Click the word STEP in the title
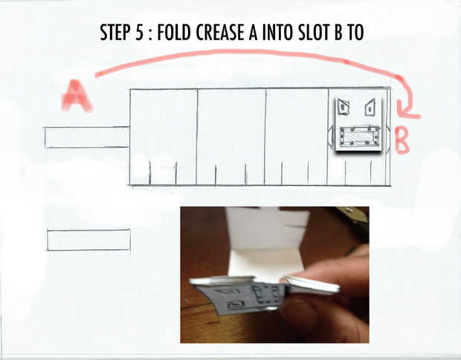click(115, 32)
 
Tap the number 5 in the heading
click(139, 32)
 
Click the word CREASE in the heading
click(220, 32)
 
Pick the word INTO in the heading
click(277, 32)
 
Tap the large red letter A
click(77, 96)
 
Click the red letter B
click(402, 141)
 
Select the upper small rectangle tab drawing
click(87, 138)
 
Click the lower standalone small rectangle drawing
click(88, 240)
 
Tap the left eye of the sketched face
click(343, 106)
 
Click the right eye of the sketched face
click(370, 108)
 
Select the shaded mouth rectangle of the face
click(360, 136)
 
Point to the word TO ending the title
click(355, 32)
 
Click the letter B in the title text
click(338, 32)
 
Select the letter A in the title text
click(253, 32)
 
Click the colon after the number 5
click(150, 33)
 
